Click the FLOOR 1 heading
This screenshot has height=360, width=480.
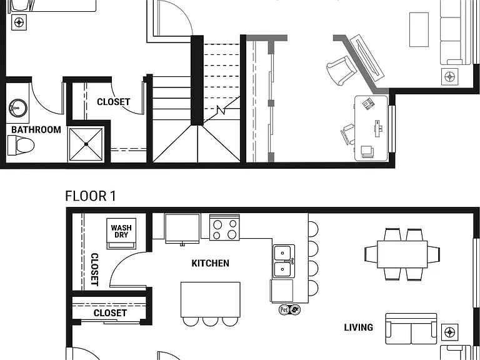click(91, 196)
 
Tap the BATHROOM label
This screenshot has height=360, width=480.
click(36, 130)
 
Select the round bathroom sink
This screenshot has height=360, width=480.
click(17, 107)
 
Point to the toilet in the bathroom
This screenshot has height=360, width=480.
click(21, 146)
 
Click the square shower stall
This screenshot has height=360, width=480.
click(86, 144)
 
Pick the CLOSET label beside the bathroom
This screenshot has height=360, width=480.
click(114, 102)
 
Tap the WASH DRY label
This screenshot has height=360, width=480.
click(121, 231)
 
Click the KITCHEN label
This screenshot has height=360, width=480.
click(210, 263)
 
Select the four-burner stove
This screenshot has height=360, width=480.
click(224, 227)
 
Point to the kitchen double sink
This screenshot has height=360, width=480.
click(284, 261)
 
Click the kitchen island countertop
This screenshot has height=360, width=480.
click(210, 300)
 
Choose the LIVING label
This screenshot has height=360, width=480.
click(359, 327)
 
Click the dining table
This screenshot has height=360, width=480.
click(402, 254)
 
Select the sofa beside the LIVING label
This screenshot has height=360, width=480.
click(411, 329)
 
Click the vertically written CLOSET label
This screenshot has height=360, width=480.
click(94, 269)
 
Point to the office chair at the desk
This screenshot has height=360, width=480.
click(347, 134)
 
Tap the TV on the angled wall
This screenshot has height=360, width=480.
click(367, 57)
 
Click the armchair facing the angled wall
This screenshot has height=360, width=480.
click(341, 71)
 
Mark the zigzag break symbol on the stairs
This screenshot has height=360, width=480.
click(221, 109)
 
